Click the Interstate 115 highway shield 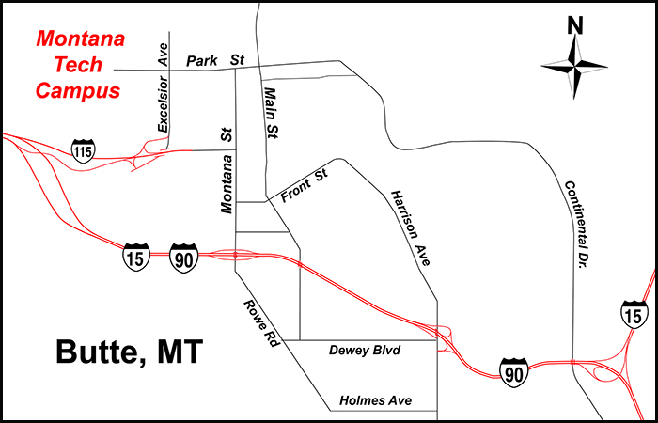(x=84, y=149)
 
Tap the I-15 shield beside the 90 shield (x=136, y=256)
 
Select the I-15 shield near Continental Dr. (x=634, y=313)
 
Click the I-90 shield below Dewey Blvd (x=513, y=369)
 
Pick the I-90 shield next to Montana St (x=184, y=256)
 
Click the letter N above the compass (x=575, y=27)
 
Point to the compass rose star (x=575, y=67)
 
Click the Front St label (x=302, y=188)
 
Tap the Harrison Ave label (x=410, y=228)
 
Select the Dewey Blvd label (x=365, y=351)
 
